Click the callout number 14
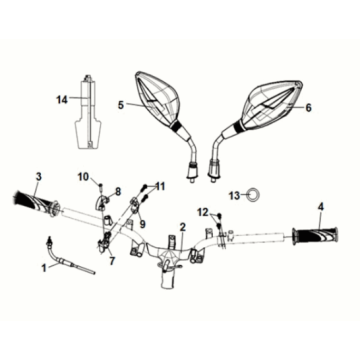pyautogui.click(x=60, y=99)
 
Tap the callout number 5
pyautogui.click(x=119, y=104)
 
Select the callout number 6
pyautogui.click(x=309, y=107)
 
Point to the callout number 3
pyautogui.click(x=38, y=178)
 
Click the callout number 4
pyautogui.click(x=321, y=208)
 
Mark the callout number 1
pyautogui.click(x=43, y=268)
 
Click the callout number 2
pyautogui.click(x=182, y=228)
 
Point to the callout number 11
pyautogui.click(x=162, y=187)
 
